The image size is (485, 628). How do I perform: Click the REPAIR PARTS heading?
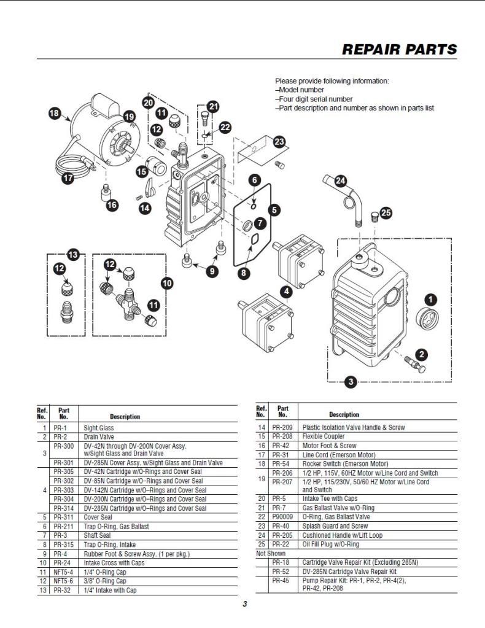coord(399,50)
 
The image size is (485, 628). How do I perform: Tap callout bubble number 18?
coord(55,113)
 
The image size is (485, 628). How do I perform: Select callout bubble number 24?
coord(340,180)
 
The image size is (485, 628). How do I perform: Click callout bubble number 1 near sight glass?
coord(431,300)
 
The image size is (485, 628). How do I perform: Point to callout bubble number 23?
coord(279,142)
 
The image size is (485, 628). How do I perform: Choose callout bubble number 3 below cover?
coord(350,382)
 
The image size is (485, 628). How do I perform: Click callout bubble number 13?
coord(73,254)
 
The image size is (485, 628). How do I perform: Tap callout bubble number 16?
coord(112,205)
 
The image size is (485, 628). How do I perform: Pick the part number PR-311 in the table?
coord(64,518)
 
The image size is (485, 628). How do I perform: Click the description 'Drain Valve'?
coord(99,437)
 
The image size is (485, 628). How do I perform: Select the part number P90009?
coord(283,517)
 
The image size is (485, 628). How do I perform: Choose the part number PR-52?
coord(281,571)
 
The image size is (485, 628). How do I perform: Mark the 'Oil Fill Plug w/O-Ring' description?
coord(331,544)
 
